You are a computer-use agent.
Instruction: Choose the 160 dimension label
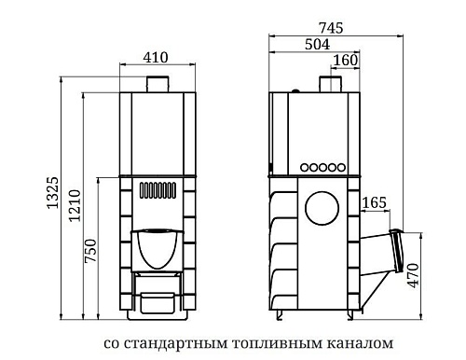pos(344,62)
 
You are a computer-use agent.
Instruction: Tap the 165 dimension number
pos(374,202)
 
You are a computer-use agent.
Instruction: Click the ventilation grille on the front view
pos(158,194)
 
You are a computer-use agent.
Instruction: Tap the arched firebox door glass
pos(158,247)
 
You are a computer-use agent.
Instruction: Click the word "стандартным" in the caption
pos(173,342)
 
